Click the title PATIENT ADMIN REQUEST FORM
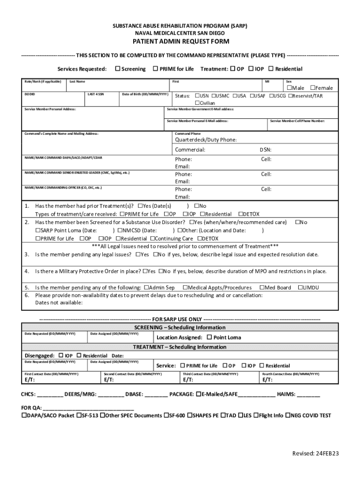click(x=180, y=42)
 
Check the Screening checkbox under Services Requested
click(x=118, y=69)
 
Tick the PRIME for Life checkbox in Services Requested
click(x=156, y=69)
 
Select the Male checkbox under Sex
click(x=289, y=88)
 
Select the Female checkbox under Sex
click(x=313, y=88)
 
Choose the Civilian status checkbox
click(x=197, y=103)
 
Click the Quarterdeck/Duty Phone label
click(x=206, y=140)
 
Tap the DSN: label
click(x=266, y=150)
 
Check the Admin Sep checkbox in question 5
click(x=146, y=288)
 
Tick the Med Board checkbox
click(x=261, y=288)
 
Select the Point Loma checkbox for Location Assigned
click(x=209, y=337)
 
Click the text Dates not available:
click(x=59, y=302)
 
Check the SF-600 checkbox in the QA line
click(x=166, y=415)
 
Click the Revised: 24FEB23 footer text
click(x=315, y=454)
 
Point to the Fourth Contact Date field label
click(x=291, y=374)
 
